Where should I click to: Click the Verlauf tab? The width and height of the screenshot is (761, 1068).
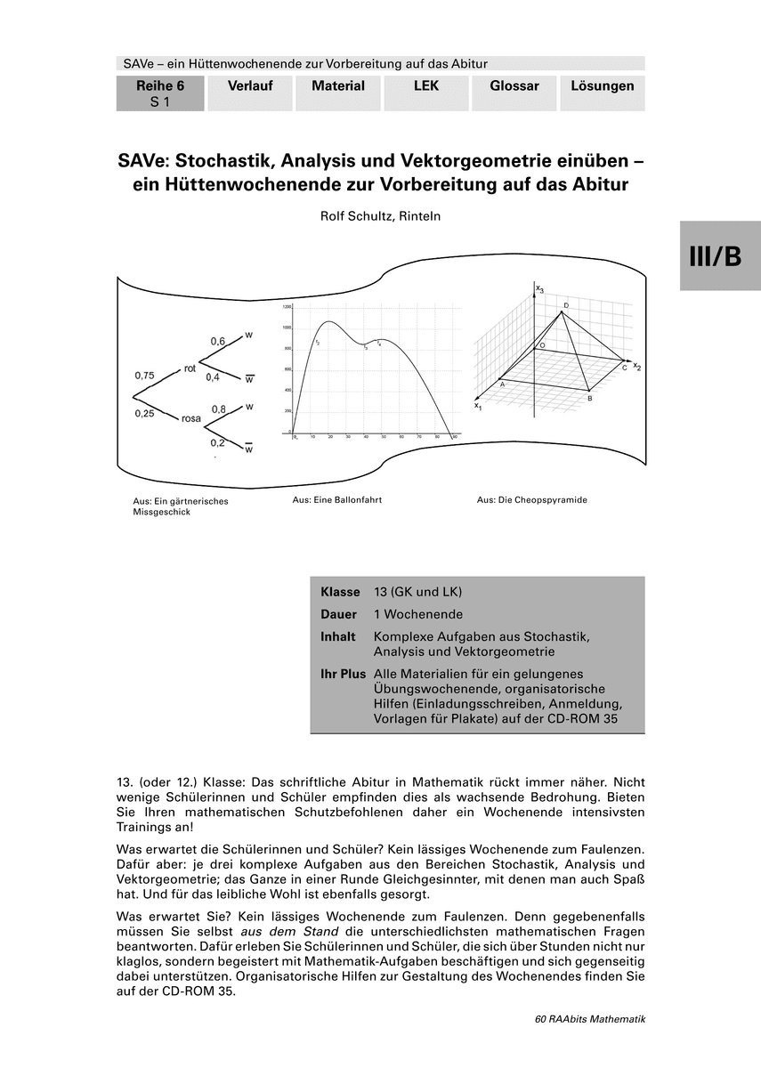250,86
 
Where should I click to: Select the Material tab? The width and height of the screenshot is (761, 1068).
338,86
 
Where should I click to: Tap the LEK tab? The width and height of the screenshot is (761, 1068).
426,86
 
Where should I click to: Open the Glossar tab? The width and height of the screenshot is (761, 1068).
514,86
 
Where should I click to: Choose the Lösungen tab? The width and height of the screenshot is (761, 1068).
603,86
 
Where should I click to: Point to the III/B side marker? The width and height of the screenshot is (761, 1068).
720,256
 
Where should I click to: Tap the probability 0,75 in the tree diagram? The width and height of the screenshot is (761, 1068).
144,376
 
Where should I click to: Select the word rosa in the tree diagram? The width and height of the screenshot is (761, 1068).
191,417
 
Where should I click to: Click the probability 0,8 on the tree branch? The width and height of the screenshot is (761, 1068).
218,409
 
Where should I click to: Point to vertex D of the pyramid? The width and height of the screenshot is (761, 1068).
565,305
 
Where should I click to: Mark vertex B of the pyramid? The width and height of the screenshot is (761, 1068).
589,399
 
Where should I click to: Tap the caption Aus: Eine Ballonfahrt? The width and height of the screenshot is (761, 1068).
337,500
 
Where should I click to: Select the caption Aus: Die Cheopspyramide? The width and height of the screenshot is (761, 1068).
531,500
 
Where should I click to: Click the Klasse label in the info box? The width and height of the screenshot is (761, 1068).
340,592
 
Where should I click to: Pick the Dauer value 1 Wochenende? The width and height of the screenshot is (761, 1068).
418,614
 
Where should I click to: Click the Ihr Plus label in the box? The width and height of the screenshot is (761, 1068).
343,674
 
